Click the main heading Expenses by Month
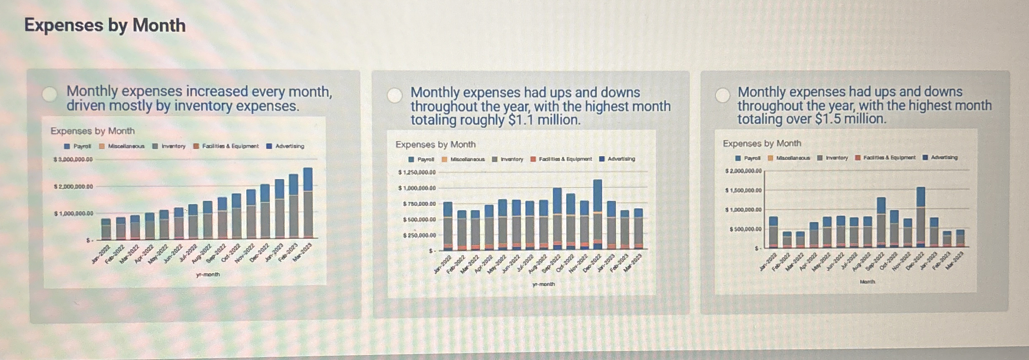pos(105,25)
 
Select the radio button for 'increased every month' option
pos(50,94)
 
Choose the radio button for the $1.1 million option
pos(394,95)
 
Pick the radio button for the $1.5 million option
pos(722,95)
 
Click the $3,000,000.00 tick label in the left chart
pos(73,160)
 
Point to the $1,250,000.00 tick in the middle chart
pos(417,172)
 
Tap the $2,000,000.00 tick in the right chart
pos(743,171)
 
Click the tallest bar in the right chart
pos(920,217)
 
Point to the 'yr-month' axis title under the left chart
pos(208,274)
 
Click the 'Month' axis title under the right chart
pos(867,282)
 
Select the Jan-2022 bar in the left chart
pos(106,229)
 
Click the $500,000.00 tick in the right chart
pos(745,229)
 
